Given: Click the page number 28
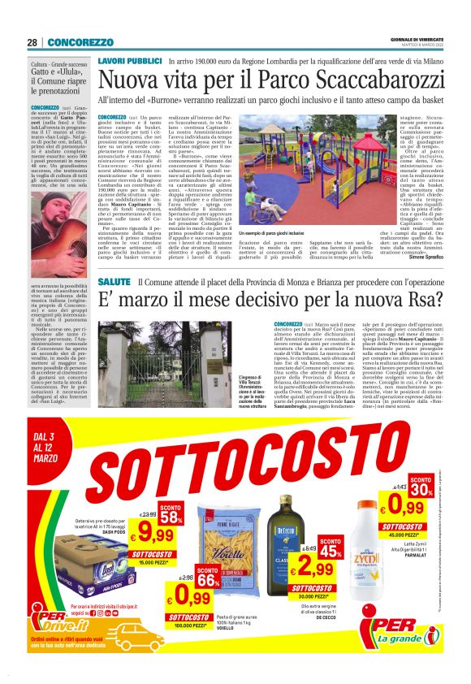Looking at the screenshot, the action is pyautogui.click(x=32, y=41).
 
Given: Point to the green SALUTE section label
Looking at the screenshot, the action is pyautogui.click(x=114, y=281).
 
